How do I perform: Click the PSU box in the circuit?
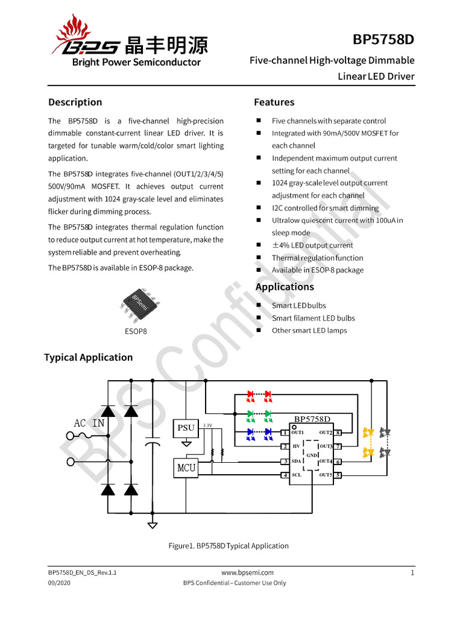tap(186, 428)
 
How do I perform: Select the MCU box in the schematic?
tap(186, 466)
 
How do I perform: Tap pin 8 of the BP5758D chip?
tap(339, 433)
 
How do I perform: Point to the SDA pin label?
tap(297, 462)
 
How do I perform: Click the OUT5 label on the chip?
tap(326, 475)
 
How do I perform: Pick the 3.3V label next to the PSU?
tap(207, 425)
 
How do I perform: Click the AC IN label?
tap(89, 423)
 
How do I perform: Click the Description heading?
tap(75, 102)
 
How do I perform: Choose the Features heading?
tap(274, 102)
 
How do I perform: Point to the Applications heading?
tap(285, 287)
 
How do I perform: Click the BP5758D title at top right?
tap(383, 40)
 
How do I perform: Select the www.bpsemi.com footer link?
tap(247, 572)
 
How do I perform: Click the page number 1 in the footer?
tap(412, 572)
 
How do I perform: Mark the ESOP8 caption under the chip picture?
tap(136, 331)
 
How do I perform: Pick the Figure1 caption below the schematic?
tap(228, 546)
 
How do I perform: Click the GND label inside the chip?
tap(312, 455)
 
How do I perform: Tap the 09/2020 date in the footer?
tap(60, 583)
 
